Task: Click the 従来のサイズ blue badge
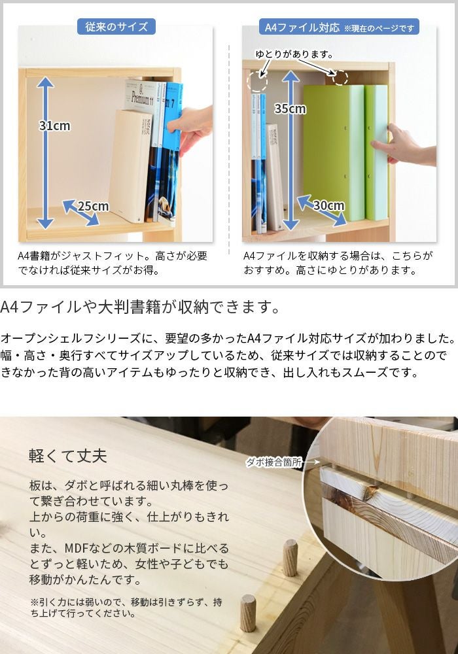tap(116, 27)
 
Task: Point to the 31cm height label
tap(55, 126)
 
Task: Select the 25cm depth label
tap(93, 206)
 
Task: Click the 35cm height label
tap(290, 109)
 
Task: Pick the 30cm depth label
tap(328, 205)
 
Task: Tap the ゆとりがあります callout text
tap(294, 54)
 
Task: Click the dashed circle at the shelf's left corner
tap(257, 82)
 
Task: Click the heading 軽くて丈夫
tap(68, 455)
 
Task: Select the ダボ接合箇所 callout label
tap(274, 462)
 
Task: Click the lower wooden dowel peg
tap(248, 612)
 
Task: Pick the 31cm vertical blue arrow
tap(44, 152)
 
